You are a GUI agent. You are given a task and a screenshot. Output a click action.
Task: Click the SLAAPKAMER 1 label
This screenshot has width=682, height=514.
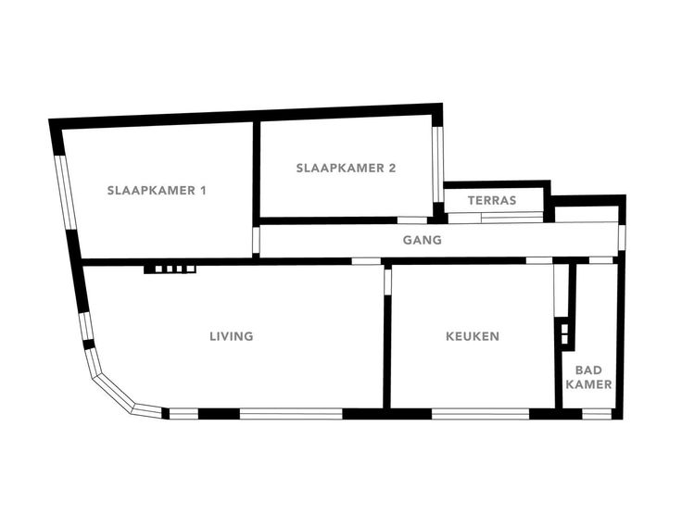157,191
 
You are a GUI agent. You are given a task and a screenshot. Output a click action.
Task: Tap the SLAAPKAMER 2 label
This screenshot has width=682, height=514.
347,168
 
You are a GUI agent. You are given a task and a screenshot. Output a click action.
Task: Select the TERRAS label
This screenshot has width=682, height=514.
492,200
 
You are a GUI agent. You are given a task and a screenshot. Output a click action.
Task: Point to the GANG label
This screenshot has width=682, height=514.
423,240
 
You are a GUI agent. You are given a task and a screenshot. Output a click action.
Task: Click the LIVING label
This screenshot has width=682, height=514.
232,336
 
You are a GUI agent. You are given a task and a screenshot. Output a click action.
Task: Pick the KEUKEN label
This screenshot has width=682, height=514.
473,336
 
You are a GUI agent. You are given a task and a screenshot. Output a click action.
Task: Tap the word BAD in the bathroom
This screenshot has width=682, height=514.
588,370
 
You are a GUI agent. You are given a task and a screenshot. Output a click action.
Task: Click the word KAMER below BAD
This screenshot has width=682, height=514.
589,384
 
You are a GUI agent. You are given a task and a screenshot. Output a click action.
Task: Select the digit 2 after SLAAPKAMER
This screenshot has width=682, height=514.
392,168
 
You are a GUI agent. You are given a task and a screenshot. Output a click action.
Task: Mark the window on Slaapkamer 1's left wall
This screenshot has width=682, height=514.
66,192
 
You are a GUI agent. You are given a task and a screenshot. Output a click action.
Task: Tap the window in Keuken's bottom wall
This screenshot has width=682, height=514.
480,414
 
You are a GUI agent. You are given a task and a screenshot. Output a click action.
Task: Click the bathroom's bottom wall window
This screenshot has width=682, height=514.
597,414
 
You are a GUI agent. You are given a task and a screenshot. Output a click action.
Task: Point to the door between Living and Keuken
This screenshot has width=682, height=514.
387,282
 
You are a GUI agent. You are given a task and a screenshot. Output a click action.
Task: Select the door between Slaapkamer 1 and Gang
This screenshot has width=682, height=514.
256,240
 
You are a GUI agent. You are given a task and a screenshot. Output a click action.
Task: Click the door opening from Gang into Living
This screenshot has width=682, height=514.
366,261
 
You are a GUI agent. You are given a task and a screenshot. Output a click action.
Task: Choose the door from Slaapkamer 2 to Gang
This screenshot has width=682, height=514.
412,220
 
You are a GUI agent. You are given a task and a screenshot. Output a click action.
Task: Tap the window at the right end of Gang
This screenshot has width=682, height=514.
622,238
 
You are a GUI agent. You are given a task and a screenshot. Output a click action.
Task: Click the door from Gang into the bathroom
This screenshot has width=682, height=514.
600,260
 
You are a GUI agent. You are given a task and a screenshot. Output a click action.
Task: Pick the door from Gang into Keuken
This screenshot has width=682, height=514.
539,260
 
